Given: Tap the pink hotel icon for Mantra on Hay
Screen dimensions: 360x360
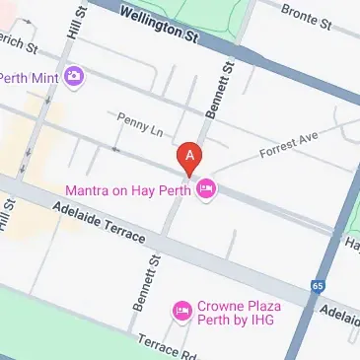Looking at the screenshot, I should coord(205,190).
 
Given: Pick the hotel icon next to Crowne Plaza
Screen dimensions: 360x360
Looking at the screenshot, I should coord(181,312).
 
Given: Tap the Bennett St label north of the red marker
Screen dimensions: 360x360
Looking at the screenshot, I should coord(216,90).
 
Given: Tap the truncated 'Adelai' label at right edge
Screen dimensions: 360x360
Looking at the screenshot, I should coord(342,313).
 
